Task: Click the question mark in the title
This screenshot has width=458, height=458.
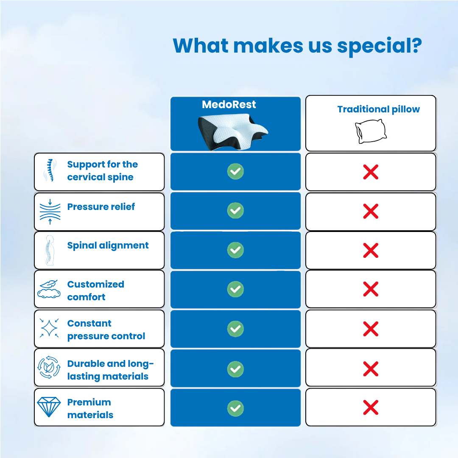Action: point(416,45)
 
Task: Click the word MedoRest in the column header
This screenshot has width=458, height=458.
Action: point(229,104)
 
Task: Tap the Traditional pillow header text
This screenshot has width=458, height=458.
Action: point(378,109)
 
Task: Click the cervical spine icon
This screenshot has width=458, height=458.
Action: point(50,170)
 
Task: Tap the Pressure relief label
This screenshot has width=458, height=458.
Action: point(101,207)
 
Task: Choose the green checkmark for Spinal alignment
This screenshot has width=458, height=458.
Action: point(235,250)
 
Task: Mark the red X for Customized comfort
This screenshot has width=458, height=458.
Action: point(371,289)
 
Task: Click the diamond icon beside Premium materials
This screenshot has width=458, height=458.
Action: point(49,408)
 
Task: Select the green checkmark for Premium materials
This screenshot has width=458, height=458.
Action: point(235,408)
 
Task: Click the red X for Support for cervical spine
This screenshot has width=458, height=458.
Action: point(371,172)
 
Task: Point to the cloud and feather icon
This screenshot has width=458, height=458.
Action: point(49,289)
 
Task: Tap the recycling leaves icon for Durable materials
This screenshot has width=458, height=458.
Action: point(49,368)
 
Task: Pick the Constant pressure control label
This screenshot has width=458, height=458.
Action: point(106,330)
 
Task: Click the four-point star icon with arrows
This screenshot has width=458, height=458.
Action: point(49,328)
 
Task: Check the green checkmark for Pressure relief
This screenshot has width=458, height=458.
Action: point(235,210)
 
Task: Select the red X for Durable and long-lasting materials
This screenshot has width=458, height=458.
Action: point(371,369)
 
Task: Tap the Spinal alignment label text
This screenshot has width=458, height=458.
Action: point(108,246)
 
